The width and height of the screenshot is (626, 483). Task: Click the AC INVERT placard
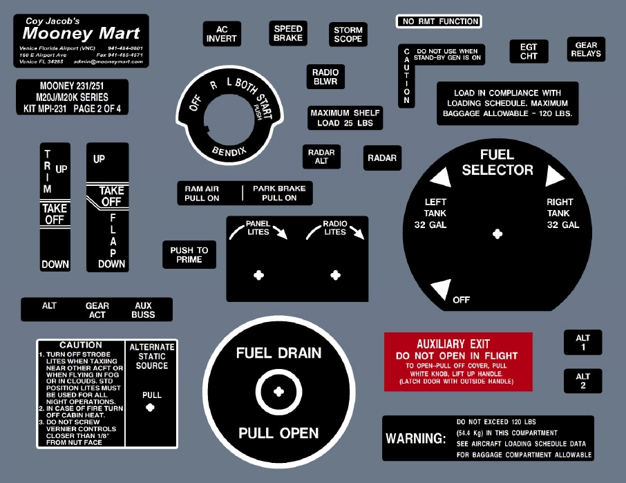click(x=222, y=34)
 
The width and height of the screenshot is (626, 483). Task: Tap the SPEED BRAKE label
click(x=288, y=33)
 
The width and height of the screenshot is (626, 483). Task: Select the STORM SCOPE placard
click(x=348, y=35)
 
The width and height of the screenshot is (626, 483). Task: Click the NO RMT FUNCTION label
click(x=439, y=21)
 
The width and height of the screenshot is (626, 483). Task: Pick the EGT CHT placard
click(x=529, y=52)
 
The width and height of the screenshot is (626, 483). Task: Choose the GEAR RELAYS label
click(x=586, y=50)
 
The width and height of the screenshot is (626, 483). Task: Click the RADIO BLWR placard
click(x=325, y=77)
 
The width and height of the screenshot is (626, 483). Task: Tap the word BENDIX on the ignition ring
click(x=229, y=150)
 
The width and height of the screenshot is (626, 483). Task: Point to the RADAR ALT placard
click(x=321, y=157)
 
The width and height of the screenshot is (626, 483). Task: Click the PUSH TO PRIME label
click(x=189, y=255)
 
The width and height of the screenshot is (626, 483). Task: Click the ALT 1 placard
click(x=582, y=343)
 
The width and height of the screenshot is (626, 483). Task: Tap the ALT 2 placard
click(x=582, y=381)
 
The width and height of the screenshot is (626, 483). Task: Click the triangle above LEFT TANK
click(x=440, y=179)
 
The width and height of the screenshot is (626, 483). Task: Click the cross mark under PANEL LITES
click(x=259, y=275)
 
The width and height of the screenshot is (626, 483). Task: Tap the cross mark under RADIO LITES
click(x=335, y=275)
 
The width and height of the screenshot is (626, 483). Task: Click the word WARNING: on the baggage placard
click(x=416, y=439)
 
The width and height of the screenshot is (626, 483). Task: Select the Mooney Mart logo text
click(x=82, y=33)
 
